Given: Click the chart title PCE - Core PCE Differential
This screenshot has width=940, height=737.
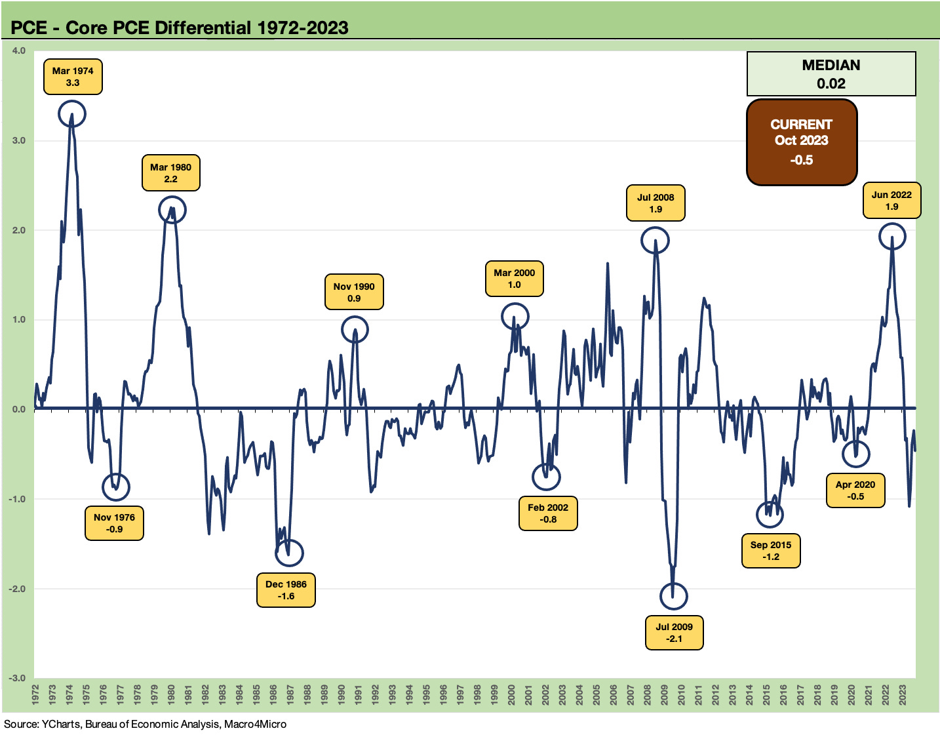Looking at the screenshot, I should (179, 28).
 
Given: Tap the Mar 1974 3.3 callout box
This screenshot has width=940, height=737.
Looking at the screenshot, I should (73, 77).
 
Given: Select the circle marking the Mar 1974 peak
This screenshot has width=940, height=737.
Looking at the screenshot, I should (72, 114).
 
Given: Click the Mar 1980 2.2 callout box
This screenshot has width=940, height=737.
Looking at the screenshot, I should (170, 173).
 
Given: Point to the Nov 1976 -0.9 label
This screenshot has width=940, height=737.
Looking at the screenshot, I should (114, 523).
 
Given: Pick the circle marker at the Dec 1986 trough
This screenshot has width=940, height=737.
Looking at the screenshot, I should (289, 553).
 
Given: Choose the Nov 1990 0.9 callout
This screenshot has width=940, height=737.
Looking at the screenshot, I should (354, 292).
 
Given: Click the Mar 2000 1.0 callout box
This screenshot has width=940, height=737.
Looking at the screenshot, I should (515, 279).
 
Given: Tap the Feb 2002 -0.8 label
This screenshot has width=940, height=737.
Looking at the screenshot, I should (548, 513).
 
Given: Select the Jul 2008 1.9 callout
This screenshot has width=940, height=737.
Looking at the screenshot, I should (656, 203).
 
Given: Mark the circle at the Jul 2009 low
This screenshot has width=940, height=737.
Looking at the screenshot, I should (673, 596).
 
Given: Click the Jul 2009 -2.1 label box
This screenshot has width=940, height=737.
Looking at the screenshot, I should (675, 633).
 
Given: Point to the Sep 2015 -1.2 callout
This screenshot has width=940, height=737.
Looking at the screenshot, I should (771, 551).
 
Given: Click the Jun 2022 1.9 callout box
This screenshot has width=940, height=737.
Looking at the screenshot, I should (891, 201).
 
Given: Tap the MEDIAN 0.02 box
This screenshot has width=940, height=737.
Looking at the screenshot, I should (831, 74).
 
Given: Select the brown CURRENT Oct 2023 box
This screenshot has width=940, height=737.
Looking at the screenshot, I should (802, 142).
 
